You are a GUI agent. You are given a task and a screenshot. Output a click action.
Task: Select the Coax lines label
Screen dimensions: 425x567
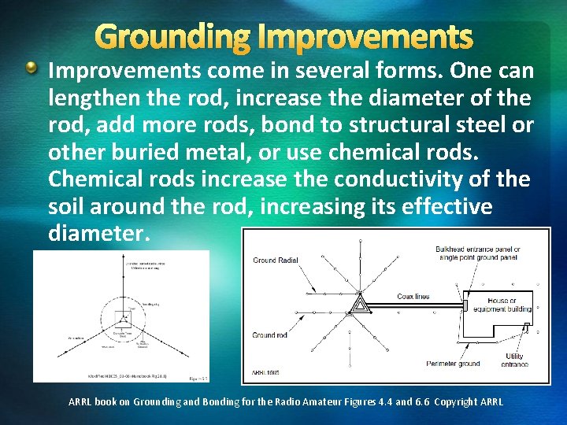pos(413,297)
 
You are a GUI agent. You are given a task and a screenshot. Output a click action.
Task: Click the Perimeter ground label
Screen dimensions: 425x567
pos(453,363)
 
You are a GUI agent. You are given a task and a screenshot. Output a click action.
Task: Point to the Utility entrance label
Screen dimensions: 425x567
pos(513,360)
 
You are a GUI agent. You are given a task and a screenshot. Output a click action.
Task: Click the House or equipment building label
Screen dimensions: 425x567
pos(503,305)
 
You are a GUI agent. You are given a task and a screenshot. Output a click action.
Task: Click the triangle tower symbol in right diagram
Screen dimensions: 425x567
pos(359,303)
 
